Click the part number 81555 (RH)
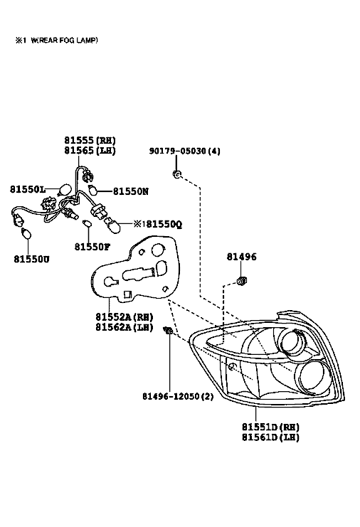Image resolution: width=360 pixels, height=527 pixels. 90,140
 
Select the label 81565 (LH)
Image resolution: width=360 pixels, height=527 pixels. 90,150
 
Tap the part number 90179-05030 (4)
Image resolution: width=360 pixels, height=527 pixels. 184,151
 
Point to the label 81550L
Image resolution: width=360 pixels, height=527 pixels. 27,190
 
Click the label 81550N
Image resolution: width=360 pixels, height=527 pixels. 131,191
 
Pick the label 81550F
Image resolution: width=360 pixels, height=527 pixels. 92,247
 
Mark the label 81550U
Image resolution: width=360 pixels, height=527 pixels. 31,259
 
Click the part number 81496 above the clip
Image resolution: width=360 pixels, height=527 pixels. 241,257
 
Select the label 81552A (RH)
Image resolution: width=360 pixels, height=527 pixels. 125,317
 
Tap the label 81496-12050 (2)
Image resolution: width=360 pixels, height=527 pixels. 178,397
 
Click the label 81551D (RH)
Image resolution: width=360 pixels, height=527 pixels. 270,427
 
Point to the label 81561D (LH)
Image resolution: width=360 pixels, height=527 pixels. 270,437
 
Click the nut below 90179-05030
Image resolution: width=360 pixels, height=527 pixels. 176,174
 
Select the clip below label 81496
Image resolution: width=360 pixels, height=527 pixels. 241,280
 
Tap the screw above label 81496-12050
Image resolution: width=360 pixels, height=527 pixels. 168,331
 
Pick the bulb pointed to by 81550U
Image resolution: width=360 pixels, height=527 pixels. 26,233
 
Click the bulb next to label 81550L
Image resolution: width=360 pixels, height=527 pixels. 64,190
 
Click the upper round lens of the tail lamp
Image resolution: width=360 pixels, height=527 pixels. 293,343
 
